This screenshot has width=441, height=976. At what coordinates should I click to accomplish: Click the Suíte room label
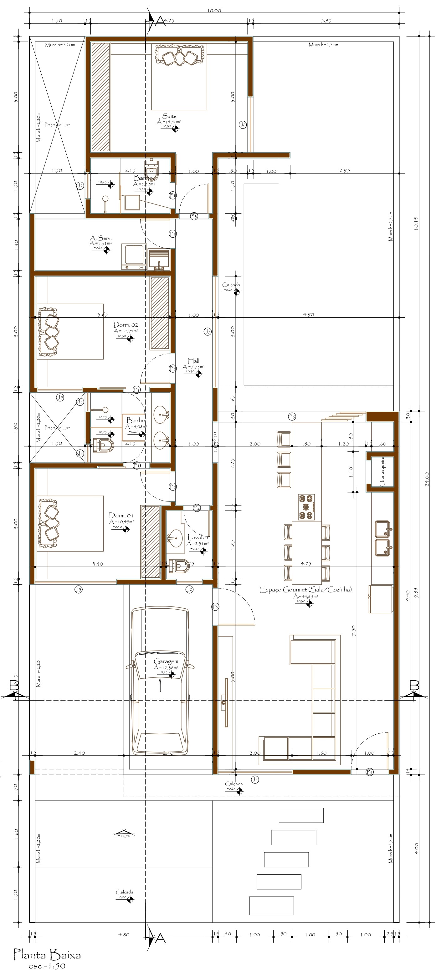[x=169, y=116]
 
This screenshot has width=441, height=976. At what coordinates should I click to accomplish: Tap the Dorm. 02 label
[x=126, y=325]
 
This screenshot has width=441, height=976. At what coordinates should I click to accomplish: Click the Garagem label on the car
[x=166, y=661]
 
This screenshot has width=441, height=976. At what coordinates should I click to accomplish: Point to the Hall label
[x=193, y=361]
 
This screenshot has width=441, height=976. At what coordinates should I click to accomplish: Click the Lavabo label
[x=197, y=537]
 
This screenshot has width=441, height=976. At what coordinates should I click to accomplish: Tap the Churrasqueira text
[x=382, y=472]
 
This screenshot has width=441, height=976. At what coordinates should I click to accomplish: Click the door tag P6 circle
[x=292, y=416]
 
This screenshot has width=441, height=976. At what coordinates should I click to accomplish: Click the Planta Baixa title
[x=47, y=955]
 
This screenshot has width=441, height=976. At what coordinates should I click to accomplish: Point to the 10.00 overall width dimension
[x=214, y=11]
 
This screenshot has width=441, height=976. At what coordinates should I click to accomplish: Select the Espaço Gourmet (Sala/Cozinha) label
[x=305, y=589]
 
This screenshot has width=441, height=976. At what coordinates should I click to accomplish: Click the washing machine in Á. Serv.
[x=134, y=256]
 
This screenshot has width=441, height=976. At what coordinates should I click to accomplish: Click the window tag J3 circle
[x=78, y=589]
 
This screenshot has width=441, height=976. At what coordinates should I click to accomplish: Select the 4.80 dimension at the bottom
[x=124, y=935]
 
